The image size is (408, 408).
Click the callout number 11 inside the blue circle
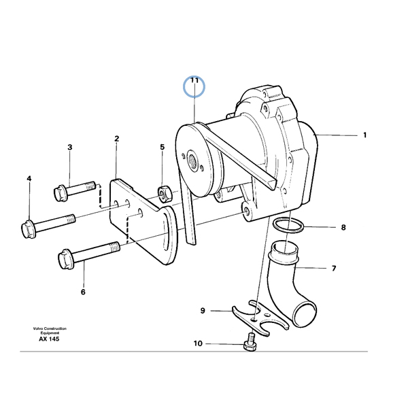[x=194, y=80]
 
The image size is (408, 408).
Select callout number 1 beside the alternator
[x=364, y=135]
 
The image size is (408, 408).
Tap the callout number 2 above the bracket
[x=116, y=139]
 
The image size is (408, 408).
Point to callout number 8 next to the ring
[x=343, y=227]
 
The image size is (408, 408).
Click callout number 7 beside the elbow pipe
[x=334, y=268]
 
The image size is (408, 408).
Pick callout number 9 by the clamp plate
[x=203, y=311]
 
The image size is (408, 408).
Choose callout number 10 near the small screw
[x=198, y=343]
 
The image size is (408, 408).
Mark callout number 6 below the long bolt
[x=83, y=292]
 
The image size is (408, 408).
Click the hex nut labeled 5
[x=165, y=195]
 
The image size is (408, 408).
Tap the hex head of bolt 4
[x=28, y=229]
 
